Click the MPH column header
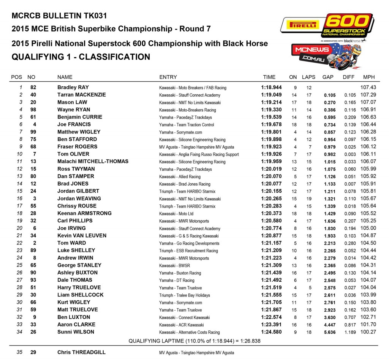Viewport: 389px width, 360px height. point(369,77)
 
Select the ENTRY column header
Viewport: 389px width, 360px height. point(168,77)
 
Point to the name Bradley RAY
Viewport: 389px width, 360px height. point(73,87)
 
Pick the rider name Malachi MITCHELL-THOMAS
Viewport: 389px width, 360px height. point(93,162)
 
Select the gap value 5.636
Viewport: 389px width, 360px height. point(329,332)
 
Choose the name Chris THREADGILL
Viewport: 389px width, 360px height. point(82,352)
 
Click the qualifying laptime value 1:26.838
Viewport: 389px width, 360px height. point(248,341)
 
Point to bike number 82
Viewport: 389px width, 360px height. point(33,87)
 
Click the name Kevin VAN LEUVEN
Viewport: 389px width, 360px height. point(82,236)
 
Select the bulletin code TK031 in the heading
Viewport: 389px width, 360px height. point(94,16)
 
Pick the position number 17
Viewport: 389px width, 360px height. point(20,206)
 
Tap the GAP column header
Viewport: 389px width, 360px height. point(328,77)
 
